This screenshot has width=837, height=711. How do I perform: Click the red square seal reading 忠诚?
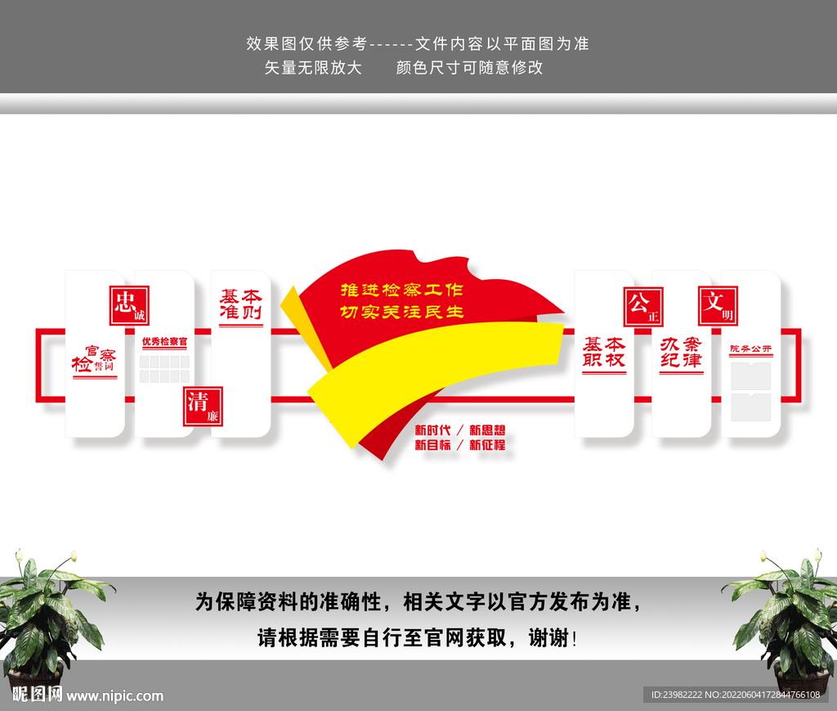click(129, 305)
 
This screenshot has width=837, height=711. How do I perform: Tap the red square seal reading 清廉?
click(203, 407)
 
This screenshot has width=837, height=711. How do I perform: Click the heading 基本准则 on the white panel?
click(240, 305)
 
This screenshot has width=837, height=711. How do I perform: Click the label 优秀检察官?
click(164, 341)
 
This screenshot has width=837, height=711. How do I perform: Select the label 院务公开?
click(751, 349)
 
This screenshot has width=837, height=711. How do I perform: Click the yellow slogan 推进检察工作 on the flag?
click(401, 290)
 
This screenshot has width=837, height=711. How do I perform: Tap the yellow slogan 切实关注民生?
click(401, 312)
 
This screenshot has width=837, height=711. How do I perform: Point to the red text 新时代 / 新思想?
click(459, 430)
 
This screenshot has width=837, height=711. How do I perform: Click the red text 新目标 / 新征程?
click(459, 445)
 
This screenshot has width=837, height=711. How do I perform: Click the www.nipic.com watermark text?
click(115, 696)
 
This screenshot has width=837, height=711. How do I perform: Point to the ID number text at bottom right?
click(735, 695)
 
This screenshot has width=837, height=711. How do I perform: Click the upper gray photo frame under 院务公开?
click(751, 376)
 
